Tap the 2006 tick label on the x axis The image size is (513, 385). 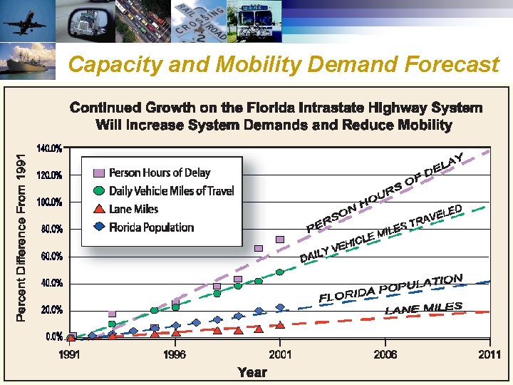385,354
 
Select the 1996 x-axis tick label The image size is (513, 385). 175,354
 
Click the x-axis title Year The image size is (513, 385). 252,371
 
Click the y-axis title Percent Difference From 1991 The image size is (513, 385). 22,233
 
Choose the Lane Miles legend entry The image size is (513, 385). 133,209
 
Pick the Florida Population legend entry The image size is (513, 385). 151,227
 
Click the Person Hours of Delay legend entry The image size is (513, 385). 160,173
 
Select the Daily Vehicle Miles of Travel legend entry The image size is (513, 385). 171,190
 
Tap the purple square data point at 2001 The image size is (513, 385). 280,240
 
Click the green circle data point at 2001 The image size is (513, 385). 280,272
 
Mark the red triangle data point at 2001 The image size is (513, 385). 280,324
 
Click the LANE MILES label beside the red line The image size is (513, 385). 423,308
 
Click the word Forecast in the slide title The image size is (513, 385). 450,65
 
